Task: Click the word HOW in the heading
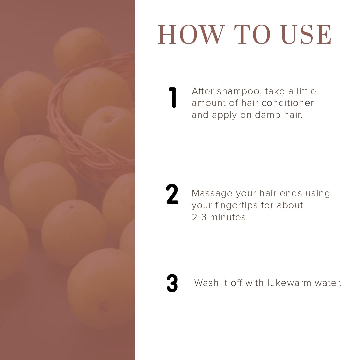(x=191, y=34)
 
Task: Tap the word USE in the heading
(x=306, y=34)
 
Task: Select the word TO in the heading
(x=252, y=34)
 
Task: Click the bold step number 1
(x=172, y=97)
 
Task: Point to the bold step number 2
(x=172, y=194)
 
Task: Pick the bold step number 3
(x=172, y=283)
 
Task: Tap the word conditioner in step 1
(x=288, y=103)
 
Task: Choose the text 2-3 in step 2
(x=199, y=217)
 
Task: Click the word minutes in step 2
(x=228, y=217)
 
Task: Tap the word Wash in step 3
(x=206, y=283)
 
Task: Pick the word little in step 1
(x=306, y=91)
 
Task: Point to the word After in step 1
(x=203, y=91)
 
